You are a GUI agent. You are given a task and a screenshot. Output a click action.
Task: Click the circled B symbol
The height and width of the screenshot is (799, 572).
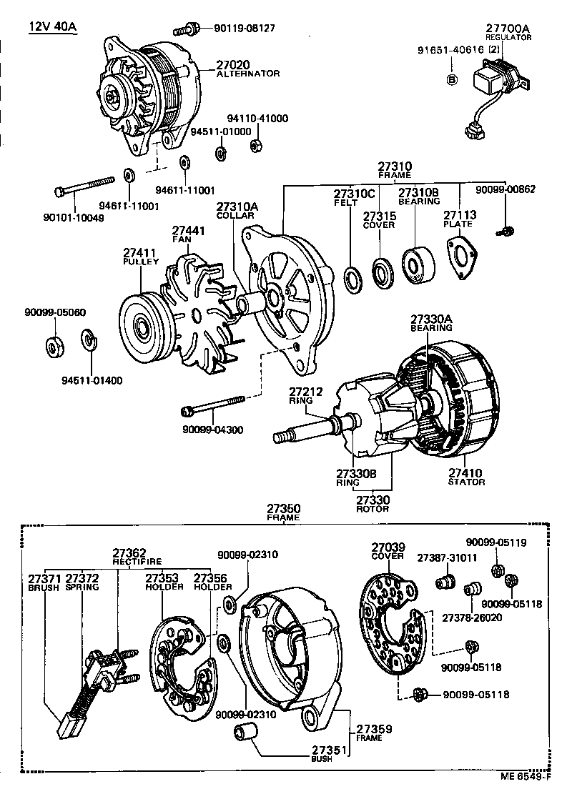tap(451, 79)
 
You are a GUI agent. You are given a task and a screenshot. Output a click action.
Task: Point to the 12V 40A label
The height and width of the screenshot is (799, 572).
tap(52, 28)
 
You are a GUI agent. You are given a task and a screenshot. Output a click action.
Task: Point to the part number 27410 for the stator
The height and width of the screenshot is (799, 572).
tap(466, 472)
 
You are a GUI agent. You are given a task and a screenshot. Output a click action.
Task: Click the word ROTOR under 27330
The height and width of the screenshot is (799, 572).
tap(372, 509)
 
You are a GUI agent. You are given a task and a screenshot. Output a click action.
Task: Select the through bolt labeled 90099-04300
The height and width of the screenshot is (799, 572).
tap(214, 410)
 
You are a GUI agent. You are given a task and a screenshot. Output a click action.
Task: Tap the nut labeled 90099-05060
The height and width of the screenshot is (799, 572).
tap(54, 347)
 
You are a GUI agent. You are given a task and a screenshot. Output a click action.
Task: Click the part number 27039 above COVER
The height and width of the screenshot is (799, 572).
tap(388, 546)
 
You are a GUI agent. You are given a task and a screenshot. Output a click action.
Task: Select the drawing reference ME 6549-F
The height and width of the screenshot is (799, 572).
tap(525, 776)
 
